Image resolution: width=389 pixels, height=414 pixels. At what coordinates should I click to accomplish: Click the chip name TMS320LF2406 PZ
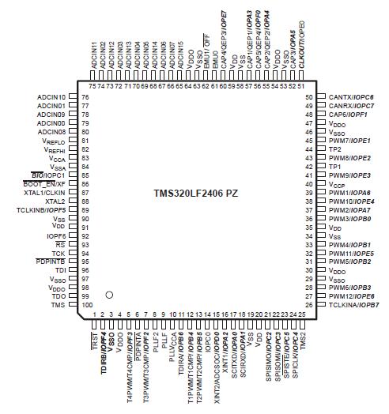[194, 193]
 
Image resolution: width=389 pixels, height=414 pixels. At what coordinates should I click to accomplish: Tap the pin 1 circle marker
[110, 294]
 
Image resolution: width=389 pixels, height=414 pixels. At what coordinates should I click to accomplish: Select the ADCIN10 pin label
[51, 96]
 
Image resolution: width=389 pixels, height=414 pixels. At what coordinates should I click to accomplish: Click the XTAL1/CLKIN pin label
[44, 192]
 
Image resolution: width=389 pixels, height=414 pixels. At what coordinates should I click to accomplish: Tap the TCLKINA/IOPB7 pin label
[351, 304]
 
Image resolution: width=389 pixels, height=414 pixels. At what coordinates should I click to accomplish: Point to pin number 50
[310, 96]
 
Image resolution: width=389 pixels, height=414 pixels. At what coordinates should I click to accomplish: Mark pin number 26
[310, 304]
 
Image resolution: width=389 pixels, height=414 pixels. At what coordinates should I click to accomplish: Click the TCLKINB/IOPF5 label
[43, 209]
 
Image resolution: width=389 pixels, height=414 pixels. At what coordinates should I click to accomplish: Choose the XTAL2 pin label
[55, 201]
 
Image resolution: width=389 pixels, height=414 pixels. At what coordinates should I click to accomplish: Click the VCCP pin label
[338, 183]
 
